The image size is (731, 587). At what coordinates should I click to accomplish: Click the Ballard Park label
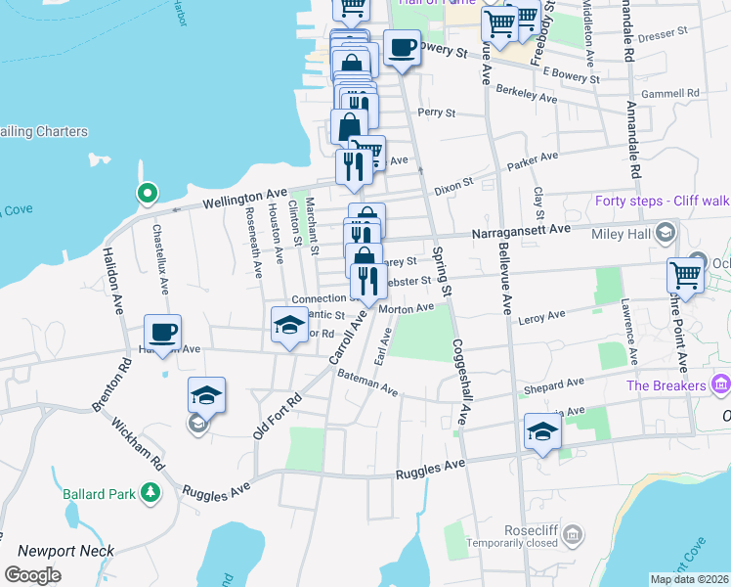(100, 494)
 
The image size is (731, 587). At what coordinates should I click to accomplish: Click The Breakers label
(666, 384)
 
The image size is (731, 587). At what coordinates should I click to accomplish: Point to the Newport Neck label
(66, 552)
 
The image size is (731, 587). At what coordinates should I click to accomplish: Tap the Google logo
(32, 575)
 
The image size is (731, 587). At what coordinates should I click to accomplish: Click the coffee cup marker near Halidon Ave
(163, 332)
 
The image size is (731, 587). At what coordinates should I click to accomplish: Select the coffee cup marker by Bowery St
(401, 48)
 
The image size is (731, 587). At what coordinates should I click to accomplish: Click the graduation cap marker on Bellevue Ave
(541, 431)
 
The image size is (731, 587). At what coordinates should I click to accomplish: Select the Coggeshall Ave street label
(460, 382)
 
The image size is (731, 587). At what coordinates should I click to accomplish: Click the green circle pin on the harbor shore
(147, 194)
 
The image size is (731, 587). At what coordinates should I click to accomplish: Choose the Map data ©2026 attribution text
(689, 579)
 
